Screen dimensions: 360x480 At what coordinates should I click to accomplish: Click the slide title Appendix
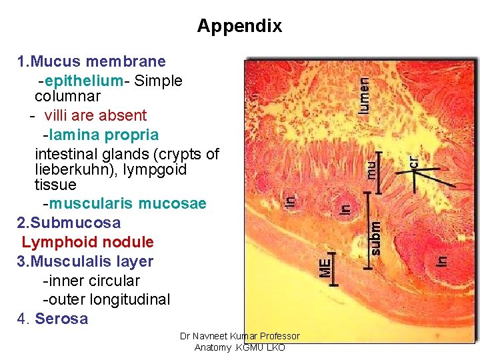click(x=239, y=26)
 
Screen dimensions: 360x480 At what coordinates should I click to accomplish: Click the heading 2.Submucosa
click(x=69, y=222)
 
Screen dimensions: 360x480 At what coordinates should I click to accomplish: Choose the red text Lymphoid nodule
click(x=87, y=242)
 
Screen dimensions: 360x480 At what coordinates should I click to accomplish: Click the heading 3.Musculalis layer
click(x=85, y=261)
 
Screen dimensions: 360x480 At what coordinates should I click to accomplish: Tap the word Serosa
click(x=61, y=319)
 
